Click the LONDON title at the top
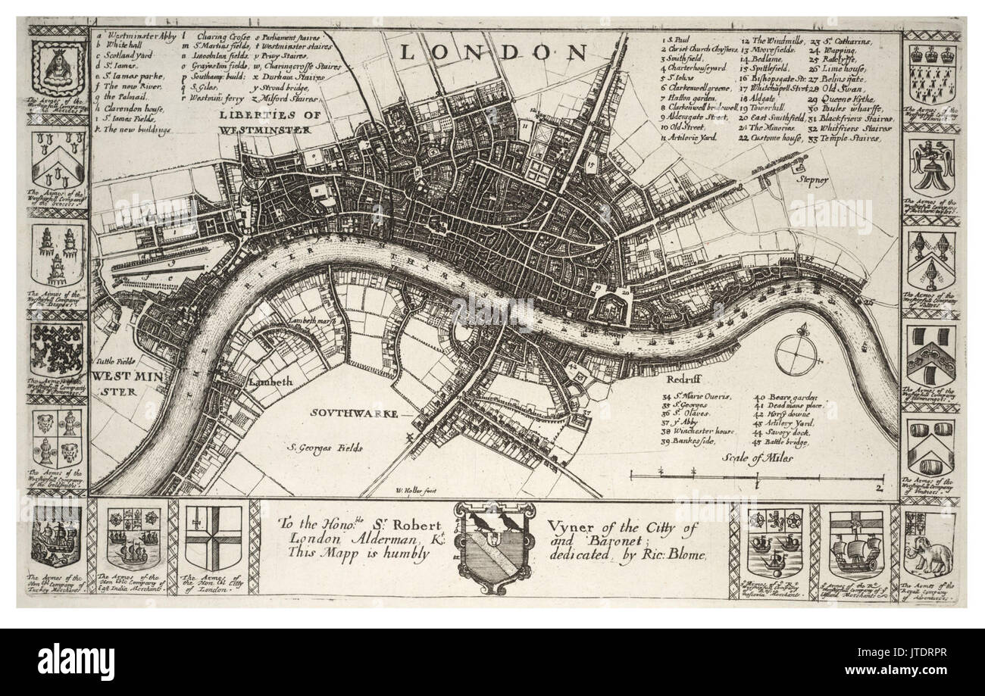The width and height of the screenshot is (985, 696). (493, 52)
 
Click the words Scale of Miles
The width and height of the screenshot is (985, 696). (758, 458)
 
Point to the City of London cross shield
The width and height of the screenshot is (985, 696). (214, 538)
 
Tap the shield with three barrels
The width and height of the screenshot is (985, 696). (930, 445)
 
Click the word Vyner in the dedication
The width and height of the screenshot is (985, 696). (565, 529)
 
